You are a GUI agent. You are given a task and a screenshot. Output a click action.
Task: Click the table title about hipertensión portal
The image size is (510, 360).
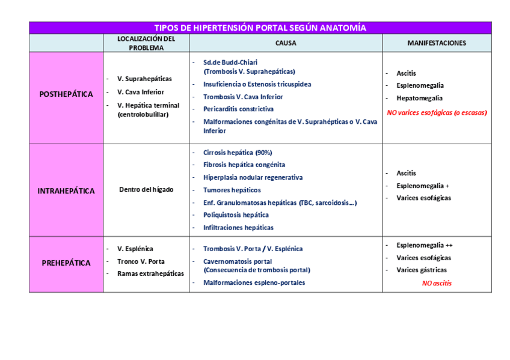click(x=260, y=28)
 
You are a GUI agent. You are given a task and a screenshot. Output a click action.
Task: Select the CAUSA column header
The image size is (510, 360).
click(x=286, y=43)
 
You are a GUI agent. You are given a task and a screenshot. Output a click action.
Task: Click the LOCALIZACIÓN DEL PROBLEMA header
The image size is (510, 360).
click(x=146, y=43)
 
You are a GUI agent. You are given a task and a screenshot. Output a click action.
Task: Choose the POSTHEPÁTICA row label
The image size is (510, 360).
click(x=66, y=94)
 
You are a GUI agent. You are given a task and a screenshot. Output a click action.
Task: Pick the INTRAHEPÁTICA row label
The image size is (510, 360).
click(x=66, y=191)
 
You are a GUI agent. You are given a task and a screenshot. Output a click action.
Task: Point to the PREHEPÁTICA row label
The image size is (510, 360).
click(x=66, y=263)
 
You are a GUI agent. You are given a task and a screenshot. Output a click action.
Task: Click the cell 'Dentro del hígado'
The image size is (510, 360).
click(x=146, y=190)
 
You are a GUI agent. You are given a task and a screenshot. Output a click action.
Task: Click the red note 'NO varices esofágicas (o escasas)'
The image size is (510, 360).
click(x=437, y=112)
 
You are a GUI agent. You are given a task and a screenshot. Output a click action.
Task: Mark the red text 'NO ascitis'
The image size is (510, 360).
click(x=437, y=283)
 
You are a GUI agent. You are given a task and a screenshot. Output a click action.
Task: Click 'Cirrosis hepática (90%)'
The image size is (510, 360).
click(x=238, y=153)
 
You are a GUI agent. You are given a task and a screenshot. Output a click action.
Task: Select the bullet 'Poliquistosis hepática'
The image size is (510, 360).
click(x=236, y=215)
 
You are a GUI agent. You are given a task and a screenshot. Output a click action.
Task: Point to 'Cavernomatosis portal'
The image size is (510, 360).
click(x=238, y=261)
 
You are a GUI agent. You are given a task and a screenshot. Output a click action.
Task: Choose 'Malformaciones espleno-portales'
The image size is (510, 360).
click(x=254, y=282)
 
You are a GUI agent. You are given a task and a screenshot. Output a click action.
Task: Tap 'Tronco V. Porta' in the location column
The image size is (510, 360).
click(x=141, y=261)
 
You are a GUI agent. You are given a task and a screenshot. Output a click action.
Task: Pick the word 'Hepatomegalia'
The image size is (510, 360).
click(x=419, y=98)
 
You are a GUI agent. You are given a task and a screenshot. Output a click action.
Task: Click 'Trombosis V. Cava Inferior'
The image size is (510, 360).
click(x=243, y=97)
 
